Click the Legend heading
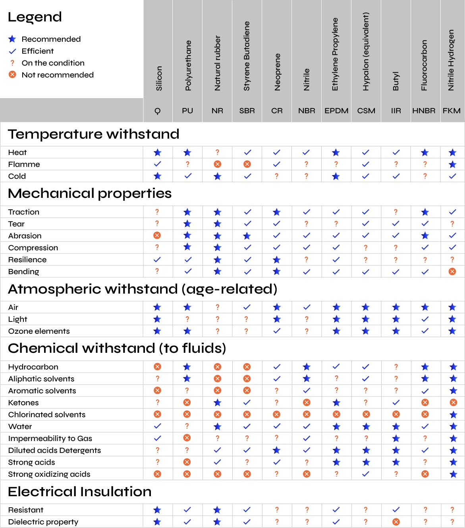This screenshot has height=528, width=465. (x=35, y=17)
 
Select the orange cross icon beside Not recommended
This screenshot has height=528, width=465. (x=12, y=75)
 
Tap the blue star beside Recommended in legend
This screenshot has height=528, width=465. (x=12, y=39)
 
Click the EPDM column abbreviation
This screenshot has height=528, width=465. (x=336, y=111)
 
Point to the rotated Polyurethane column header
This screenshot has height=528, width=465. (x=188, y=66)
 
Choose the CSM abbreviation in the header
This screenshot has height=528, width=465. (x=366, y=111)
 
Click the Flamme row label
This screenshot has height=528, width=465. (x=24, y=164)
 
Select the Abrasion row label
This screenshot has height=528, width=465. (x=25, y=236)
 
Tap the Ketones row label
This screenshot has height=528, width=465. (x=23, y=403)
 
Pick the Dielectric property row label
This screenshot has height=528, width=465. (x=43, y=522)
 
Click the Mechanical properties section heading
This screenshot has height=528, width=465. (x=90, y=193)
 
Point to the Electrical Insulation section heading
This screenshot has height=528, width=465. (x=80, y=492)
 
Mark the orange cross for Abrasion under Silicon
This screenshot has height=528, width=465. (x=157, y=236)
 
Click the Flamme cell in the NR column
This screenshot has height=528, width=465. (x=217, y=164)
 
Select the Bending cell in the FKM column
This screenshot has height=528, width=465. (x=452, y=272)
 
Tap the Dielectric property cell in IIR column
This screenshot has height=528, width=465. (x=396, y=522)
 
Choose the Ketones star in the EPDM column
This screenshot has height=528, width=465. (x=336, y=402)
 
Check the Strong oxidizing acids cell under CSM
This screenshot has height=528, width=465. (x=366, y=474)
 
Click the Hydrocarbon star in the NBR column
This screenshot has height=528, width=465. (x=307, y=367)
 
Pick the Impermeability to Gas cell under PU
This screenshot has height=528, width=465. (x=187, y=438)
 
